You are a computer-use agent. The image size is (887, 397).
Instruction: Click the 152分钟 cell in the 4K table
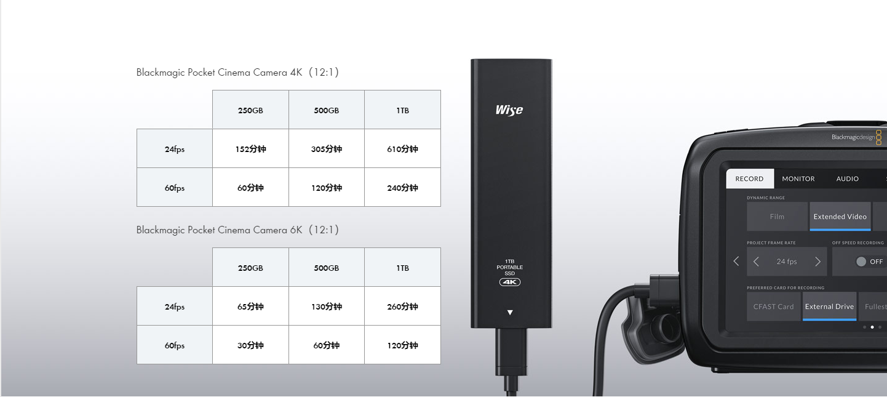tap(250, 149)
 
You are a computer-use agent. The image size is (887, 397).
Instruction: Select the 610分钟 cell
tap(402, 149)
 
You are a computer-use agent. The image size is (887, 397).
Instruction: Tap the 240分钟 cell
tap(402, 188)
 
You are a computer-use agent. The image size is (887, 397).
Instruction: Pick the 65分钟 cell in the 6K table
tap(250, 307)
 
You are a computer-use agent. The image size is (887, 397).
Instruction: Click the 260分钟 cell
tap(402, 307)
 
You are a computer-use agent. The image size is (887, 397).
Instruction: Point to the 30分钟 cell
tap(250, 345)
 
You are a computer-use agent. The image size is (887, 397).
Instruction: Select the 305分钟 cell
tap(326, 149)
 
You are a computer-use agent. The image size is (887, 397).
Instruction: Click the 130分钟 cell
tap(326, 307)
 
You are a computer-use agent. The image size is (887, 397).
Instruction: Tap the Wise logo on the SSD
tap(509, 110)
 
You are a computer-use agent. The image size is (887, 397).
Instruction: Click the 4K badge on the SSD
tap(510, 282)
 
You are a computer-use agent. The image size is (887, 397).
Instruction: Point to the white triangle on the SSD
tap(510, 313)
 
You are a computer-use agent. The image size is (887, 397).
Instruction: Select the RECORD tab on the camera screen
tap(749, 178)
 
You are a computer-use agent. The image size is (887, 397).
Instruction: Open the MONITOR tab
tap(798, 178)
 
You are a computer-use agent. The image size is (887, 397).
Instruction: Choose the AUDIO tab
tap(847, 178)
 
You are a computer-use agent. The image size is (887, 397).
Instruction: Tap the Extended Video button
tap(840, 217)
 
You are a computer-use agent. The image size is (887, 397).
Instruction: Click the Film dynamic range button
tap(777, 217)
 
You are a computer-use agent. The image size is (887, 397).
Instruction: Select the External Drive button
tap(829, 307)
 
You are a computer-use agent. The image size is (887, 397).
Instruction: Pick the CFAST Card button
tap(773, 307)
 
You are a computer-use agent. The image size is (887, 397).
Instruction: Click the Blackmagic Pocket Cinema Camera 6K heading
tap(237, 230)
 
